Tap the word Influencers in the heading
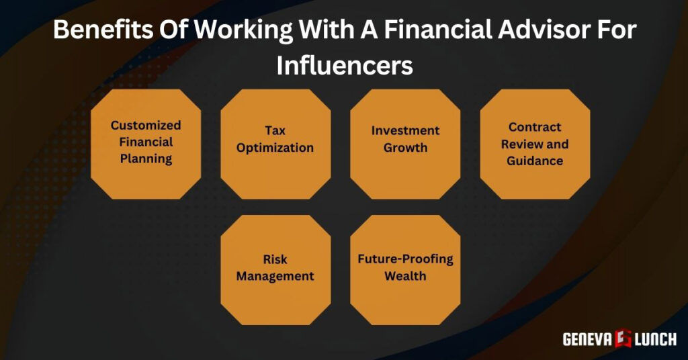344,66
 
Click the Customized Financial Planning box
146,143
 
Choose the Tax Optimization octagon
275,143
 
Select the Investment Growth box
405,143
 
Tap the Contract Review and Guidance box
535,143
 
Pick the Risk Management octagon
275,269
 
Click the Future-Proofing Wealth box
405,269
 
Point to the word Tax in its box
275,130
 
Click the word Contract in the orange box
535,127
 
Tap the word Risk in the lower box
275,259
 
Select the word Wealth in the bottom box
405,276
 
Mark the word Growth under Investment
405,147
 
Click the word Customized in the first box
146,126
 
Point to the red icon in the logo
621,339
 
